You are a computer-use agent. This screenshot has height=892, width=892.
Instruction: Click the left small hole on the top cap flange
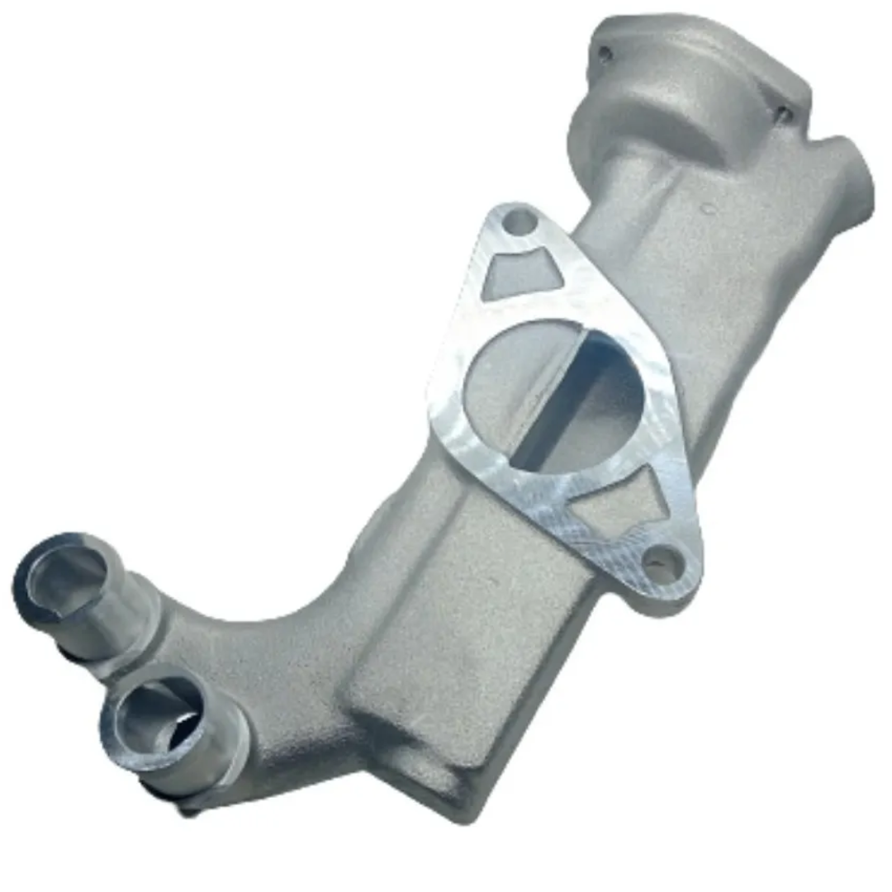pos(605,54)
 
